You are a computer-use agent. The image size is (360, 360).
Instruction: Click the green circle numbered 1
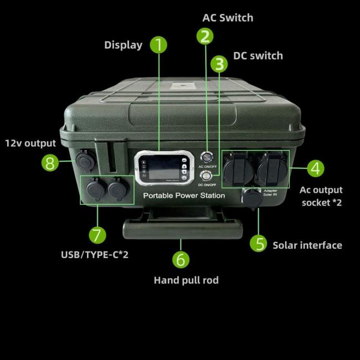158,45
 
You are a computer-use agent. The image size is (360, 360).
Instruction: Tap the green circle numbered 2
205,37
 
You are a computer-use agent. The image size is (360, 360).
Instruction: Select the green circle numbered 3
220,64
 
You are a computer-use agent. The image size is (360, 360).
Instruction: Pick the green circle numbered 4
316,167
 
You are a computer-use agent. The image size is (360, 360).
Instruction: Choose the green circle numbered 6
181,259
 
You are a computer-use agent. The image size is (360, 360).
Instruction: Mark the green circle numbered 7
97,235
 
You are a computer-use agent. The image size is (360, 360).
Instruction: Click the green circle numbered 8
51,163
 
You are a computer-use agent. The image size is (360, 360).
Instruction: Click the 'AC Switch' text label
227,18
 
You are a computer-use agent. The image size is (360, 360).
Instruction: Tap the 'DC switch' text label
258,55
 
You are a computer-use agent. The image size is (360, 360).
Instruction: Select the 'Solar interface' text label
307,245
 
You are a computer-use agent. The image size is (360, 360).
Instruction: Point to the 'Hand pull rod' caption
186,280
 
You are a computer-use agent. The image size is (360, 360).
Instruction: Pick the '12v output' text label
31,143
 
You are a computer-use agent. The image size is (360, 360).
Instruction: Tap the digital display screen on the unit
164,165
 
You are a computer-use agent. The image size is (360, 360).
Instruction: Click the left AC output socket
237,168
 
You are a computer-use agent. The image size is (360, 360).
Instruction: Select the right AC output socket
271,168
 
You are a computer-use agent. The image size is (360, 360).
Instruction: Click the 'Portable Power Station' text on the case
184,196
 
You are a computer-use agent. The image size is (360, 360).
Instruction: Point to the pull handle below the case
183,227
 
